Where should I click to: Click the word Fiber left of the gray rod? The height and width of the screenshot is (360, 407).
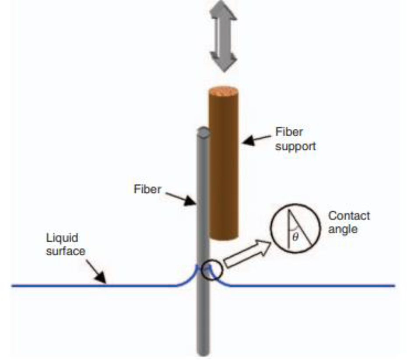point(147,189)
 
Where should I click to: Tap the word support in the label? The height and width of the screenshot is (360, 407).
point(296,146)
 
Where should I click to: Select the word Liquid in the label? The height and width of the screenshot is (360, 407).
point(62,238)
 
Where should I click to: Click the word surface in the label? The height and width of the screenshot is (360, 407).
point(66,251)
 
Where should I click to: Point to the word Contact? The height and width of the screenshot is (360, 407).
point(349,216)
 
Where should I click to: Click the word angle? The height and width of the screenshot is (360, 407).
point(343,229)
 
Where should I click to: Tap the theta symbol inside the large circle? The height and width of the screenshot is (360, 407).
point(295,236)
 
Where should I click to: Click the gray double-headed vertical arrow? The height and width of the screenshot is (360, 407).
point(223,36)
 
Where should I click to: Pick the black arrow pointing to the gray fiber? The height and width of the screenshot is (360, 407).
point(181,199)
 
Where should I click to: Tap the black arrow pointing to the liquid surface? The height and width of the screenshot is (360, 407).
point(96,272)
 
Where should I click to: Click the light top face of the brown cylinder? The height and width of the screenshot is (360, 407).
point(223,92)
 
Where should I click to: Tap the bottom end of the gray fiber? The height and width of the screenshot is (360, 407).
point(203,353)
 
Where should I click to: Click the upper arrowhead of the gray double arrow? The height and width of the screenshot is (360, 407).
point(223,11)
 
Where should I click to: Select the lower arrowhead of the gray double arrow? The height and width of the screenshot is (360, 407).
point(224,62)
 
